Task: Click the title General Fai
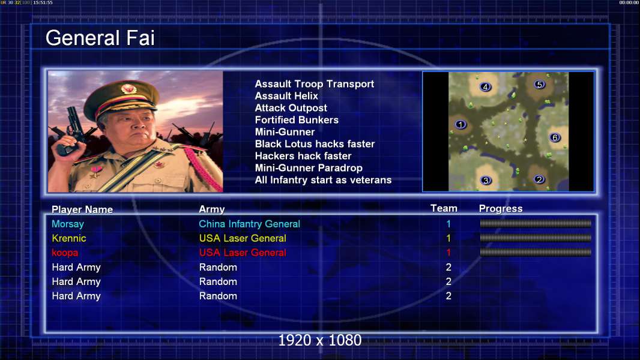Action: pyautogui.click(x=100, y=38)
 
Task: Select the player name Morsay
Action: pyautogui.click(x=68, y=224)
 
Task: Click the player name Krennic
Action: pyautogui.click(x=69, y=238)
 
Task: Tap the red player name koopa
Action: pyautogui.click(x=65, y=253)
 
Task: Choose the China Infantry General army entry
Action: pyautogui.click(x=249, y=224)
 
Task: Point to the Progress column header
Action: pyautogui.click(x=501, y=208)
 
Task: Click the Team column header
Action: pyautogui.click(x=444, y=208)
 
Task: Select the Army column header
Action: pyautogui.click(x=212, y=209)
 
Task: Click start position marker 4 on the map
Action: pyautogui.click(x=485, y=86)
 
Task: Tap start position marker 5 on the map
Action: pyautogui.click(x=539, y=85)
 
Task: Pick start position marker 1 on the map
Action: pyautogui.click(x=460, y=124)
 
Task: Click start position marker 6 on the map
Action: pyautogui.click(x=555, y=137)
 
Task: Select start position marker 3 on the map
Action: pyautogui.click(x=486, y=180)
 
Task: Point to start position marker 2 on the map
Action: pyautogui.click(x=539, y=179)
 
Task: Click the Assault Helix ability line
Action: pyautogui.click(x=286, y=96)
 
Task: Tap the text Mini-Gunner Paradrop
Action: pyautogui.click(x=309, y=168)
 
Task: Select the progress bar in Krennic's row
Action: pyautogui.click(x=536, y=238)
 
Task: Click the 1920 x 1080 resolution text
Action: pyautogui.click(x=319, y=340)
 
